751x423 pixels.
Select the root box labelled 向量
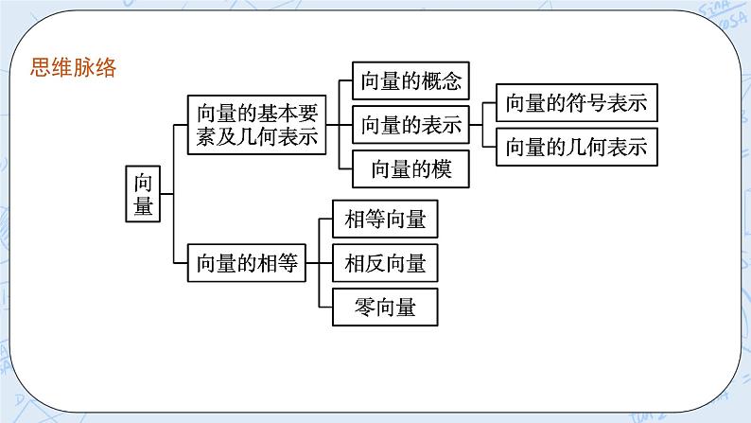pos(144,194)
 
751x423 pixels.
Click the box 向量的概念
pos(410,80)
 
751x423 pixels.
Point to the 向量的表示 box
pos(410,125)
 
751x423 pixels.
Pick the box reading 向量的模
pos(410,168)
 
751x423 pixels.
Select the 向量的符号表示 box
pos(576,103)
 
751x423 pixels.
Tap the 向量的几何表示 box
pos(576,147)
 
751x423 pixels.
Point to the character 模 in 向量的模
pos(440,168)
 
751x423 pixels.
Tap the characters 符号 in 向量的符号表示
pos(588,103)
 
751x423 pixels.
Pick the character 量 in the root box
pos(144,206)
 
